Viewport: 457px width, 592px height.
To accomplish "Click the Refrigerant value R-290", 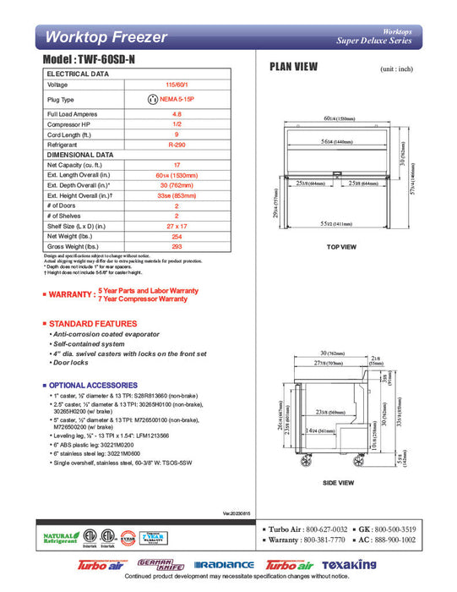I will pyautogui.click(x=177, y=145).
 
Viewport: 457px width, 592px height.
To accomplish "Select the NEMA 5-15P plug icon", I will pyautogui.click(x=153, y=99).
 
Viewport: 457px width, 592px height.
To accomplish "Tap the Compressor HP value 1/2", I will pyautogui.click(x=177, y=124).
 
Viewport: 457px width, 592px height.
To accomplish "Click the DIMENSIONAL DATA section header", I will pyautogui.click(x=80, y=156).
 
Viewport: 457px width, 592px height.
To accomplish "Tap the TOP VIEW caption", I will pyautogui.click(x=341, y=246).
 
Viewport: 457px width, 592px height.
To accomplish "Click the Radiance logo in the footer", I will pyautogui.click(x=224, y=564).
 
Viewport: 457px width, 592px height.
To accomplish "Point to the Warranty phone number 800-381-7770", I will pyautogui.click(x=331, y=539).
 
